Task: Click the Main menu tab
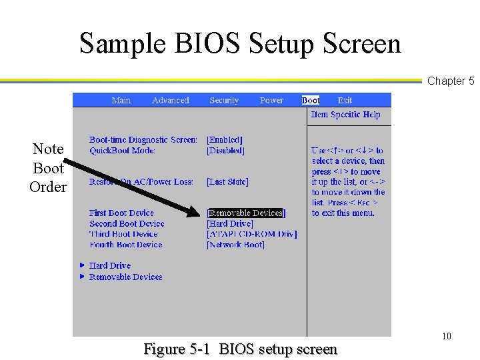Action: (121, 101)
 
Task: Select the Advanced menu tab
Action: (171, 101)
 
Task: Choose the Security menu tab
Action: (224, 101)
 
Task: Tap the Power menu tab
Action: (271, 101)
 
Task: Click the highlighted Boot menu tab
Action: (311, 101)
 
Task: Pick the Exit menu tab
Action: (345, 101)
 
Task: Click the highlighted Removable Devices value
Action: (246, 213)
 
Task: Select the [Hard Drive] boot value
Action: (231, 224)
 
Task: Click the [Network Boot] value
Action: (236, 245)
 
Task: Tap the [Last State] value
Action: (228, 182)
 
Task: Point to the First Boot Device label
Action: (122, 213)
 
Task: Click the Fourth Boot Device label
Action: (126, 245)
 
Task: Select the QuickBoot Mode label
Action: (123, 151)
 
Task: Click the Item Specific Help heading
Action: (345, 115)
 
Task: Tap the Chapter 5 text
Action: (451, 81)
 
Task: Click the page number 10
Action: (446, 336)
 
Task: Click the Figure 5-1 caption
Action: (241, 349)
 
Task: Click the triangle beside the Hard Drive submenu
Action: (82, 265)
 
